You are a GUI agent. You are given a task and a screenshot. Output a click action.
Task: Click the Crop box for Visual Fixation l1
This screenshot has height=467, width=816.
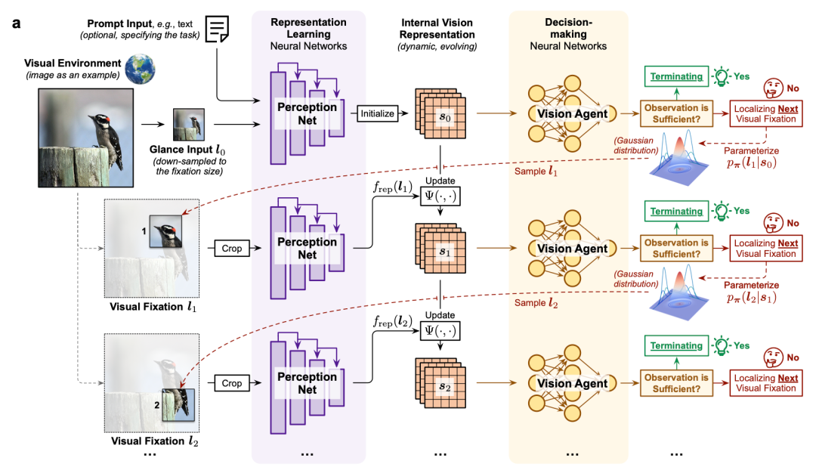[x=232, y=247]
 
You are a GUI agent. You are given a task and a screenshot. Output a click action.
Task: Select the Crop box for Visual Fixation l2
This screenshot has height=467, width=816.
[x=232, y=383]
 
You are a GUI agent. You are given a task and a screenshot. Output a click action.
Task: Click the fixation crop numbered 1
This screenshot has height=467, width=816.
[x=165, y=231]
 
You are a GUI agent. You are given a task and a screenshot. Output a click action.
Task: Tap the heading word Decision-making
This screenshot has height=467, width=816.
[x=567, y=27]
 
